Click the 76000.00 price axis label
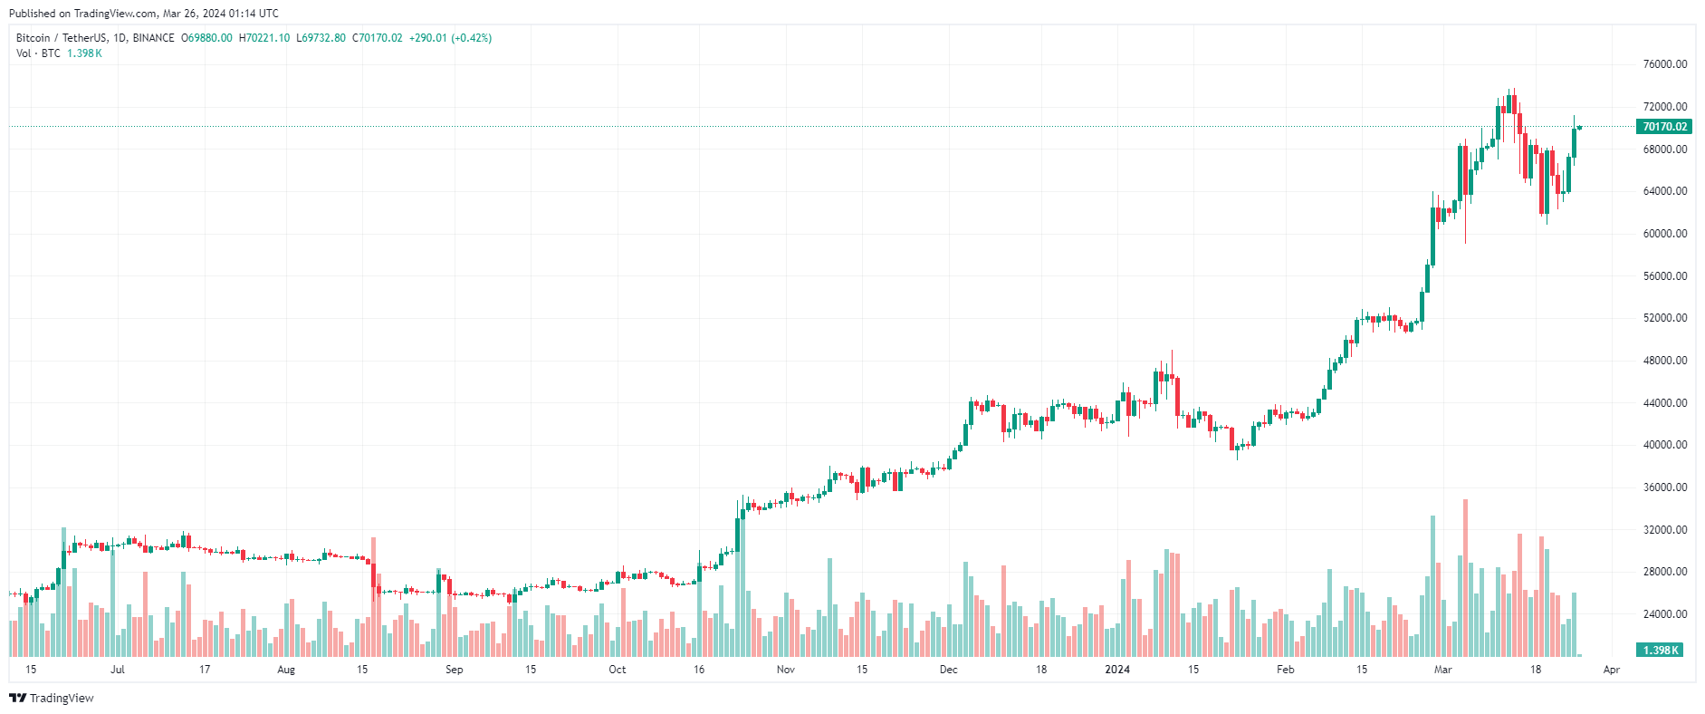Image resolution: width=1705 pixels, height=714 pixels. point(1664,64)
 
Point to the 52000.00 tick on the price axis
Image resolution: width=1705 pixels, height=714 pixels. point(1664,318)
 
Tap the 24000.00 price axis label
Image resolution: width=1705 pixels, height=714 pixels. point(1664,614)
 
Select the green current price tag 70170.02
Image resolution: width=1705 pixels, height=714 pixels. point(1664,127)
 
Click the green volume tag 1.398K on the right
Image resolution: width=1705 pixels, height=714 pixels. point(1660,651)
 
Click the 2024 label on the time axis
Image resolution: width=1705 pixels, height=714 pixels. point(1117,670)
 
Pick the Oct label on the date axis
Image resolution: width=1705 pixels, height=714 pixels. point(617,670)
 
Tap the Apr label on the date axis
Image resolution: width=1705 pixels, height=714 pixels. point(1611,670)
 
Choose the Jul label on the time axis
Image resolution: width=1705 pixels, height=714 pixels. point(117,670)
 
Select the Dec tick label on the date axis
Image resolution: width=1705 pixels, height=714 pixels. point(948,670)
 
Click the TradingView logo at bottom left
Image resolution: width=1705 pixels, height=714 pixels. point(52,698)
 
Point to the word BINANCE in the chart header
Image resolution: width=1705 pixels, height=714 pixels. point(153,38)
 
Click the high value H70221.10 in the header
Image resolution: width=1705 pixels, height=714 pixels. point(264,38)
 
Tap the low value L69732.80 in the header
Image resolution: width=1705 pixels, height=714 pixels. point(321,38)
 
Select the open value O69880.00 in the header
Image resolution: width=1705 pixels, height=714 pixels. point(206,38)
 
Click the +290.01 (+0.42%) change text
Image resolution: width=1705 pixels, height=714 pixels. point(450,38)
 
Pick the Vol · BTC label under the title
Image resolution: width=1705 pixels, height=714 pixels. point(38,53)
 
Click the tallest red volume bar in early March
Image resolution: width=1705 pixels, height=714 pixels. point(1465,580)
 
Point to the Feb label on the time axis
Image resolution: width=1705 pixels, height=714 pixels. point(1285,670)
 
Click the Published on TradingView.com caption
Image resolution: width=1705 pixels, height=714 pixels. point(144,14)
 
